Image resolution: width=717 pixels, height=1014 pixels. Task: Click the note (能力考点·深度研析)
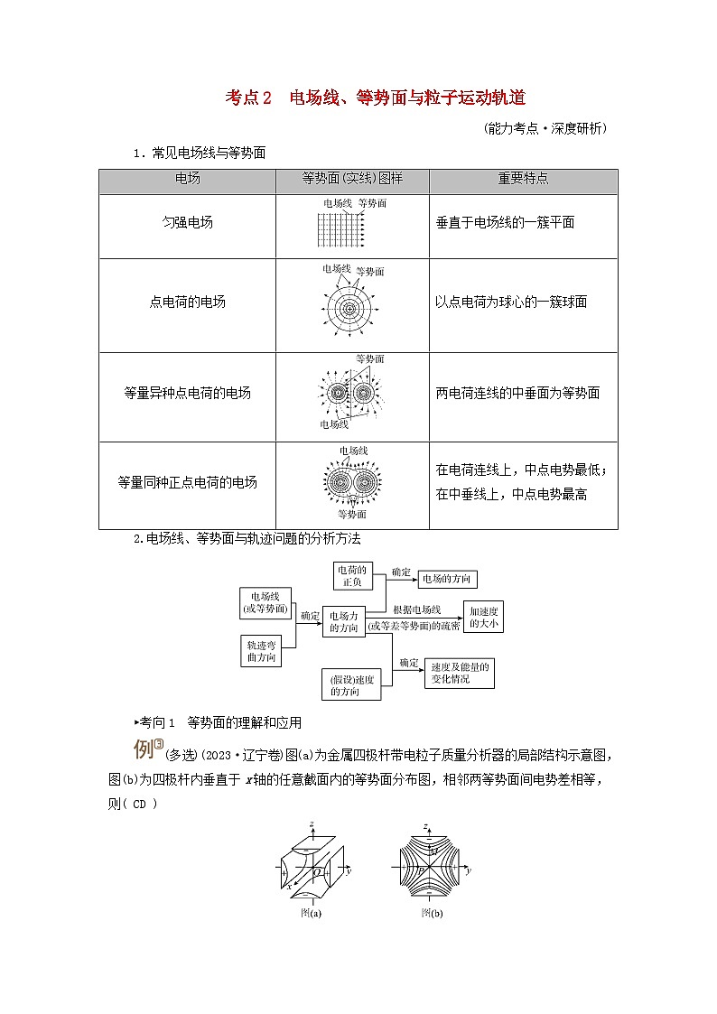[545, 128]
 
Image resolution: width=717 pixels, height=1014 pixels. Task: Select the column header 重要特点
[523, 179]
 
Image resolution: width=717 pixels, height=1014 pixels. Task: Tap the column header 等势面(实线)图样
[352, 179]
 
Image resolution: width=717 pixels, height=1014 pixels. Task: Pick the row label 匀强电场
[188, 222]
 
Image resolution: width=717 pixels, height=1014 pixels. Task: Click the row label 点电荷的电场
[187, 302]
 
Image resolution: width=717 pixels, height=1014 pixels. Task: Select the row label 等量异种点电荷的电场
[187, 393]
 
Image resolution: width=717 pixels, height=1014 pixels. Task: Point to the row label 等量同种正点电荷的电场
[187, 482]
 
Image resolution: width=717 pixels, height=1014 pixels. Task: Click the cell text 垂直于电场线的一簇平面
[505, 222]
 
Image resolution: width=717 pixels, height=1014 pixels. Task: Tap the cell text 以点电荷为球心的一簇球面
[511, 302]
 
